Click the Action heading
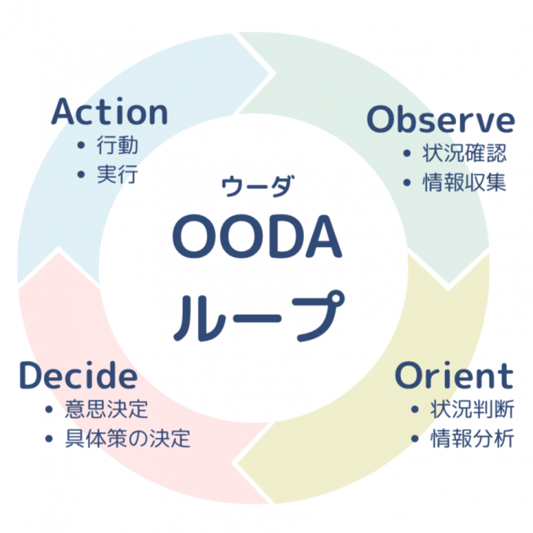click(110, 113)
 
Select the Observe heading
click(441, 120)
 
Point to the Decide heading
click(78, 376)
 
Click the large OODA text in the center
click(257, 238)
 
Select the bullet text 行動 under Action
click(118, 146)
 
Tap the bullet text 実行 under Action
click(118, 176)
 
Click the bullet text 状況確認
click(466, 153)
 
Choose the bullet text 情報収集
click(466, 183)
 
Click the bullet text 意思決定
click(107, 409)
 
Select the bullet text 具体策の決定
click(128, 439)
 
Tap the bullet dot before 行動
click(81, 146)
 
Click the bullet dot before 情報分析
click(415, 440)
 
